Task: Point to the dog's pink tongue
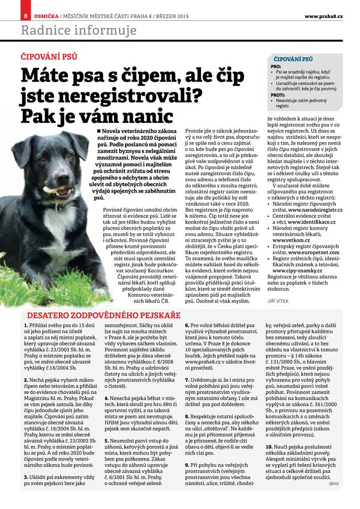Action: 53,191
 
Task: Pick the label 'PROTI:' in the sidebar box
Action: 277,95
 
